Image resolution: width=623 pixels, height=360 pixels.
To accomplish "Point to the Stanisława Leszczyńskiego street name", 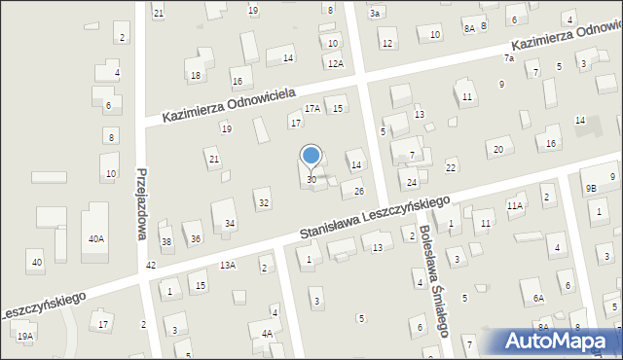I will [375, 218].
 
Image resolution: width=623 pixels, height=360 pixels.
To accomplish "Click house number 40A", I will [95, 238].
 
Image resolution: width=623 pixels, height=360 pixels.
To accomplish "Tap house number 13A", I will [228, 265].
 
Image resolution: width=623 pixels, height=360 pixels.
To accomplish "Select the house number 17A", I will [311, 109].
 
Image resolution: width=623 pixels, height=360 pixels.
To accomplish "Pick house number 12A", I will [335, 63].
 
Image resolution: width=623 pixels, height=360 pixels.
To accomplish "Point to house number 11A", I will [515, 206].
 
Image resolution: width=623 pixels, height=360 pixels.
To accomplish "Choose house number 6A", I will [537, 298].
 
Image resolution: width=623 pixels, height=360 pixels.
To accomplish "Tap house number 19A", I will [24, 336].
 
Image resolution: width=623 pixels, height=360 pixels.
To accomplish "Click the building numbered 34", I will [230, 224].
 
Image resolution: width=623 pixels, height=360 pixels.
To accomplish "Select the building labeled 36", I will [196, 238].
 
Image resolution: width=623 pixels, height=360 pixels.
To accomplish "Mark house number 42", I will [150, 265].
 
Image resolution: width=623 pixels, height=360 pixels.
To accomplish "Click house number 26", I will [359, 190].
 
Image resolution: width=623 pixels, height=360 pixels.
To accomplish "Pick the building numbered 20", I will [497, 149].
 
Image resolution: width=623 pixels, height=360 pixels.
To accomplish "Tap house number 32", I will [263, 202].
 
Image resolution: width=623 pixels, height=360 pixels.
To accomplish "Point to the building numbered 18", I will [196, 75].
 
